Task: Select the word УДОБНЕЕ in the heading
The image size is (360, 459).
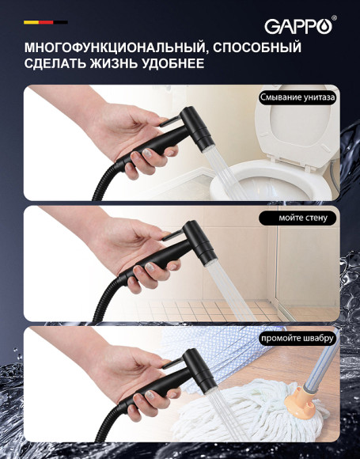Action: click(x=169, y=63)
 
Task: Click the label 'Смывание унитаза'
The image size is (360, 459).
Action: click(x=297, y=97)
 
